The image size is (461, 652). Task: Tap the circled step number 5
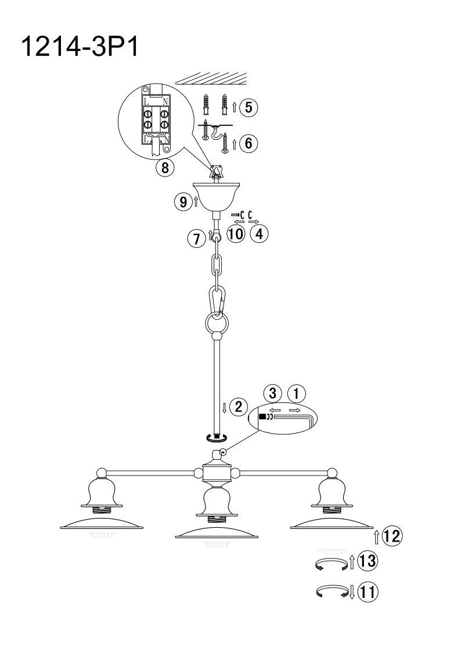[248, 107]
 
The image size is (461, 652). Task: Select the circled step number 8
[165, 168]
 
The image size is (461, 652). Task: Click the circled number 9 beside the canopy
[183, 202]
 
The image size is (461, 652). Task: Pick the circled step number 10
[236, 234]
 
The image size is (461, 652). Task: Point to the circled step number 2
[238, 406]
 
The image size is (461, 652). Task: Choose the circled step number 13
[368, 561]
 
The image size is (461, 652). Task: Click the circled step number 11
[368, 591]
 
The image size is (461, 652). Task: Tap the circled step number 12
[392, 536]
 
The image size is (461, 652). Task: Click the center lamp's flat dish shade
[215, 531]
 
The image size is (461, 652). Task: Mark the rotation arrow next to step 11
[332, 592]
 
